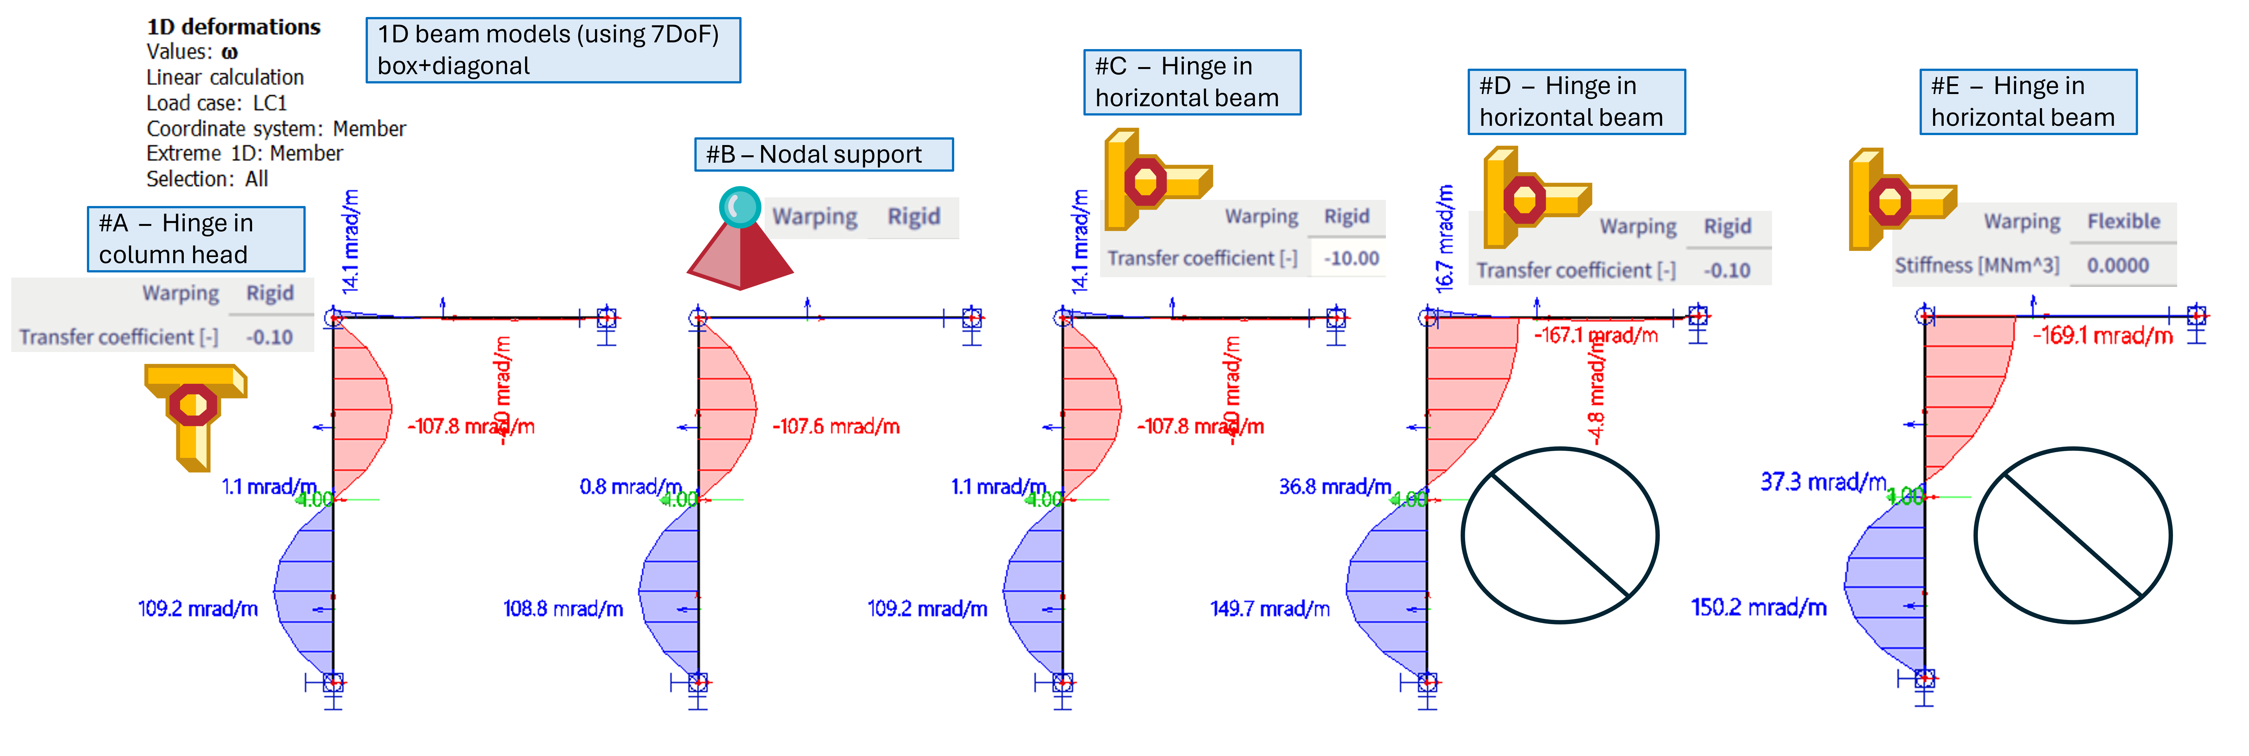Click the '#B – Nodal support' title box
823,155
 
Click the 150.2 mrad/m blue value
1758,608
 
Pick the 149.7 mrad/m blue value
1269,608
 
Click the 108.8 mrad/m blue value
563,608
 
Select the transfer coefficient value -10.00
1351,258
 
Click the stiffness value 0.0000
2117,265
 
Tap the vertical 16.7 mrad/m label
1445,237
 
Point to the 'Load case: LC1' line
216,103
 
